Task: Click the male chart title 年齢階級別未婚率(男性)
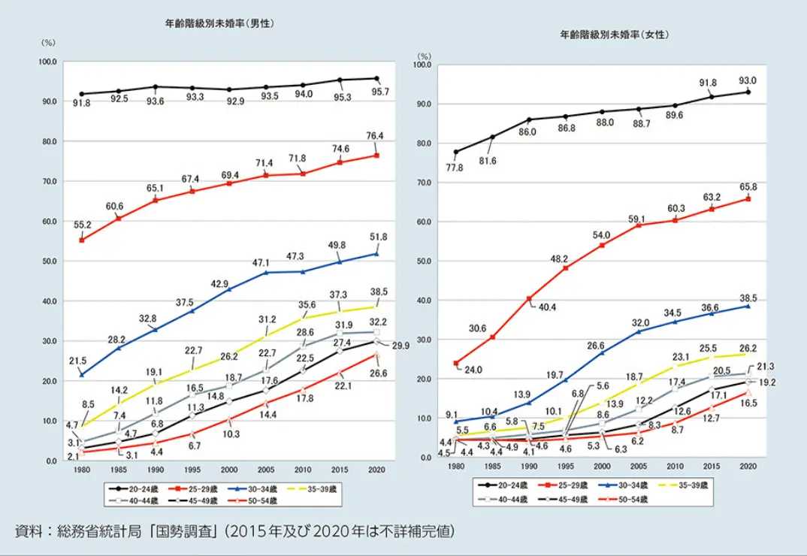pos(219,23)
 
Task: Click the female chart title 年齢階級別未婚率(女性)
pos(615,35)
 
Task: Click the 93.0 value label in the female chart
pos(748,80)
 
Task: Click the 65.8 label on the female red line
pos(748,186)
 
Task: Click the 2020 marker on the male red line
pos(376,156)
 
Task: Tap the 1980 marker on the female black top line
pos(456,152)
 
